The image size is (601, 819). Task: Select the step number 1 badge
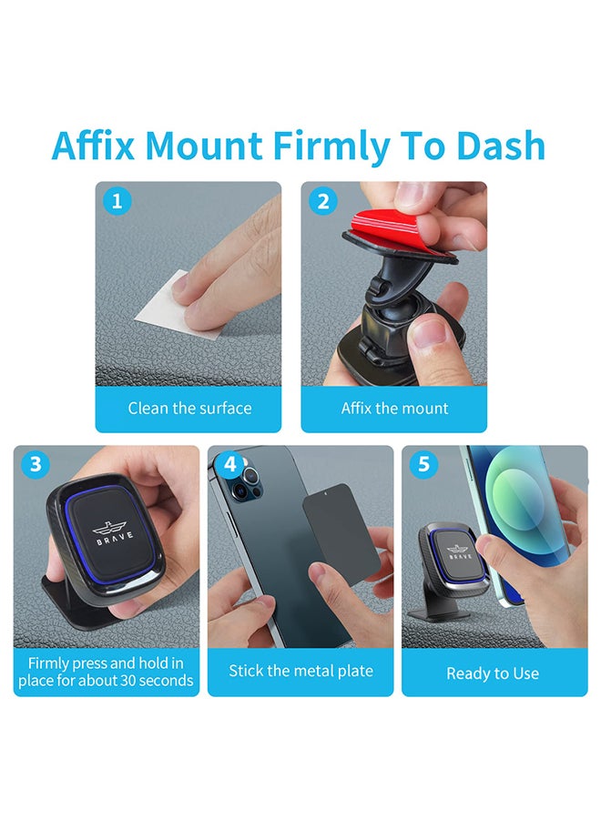[x=115, y=200]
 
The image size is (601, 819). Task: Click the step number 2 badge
[x=322, y=200]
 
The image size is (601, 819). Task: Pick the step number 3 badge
[x=35, y=464]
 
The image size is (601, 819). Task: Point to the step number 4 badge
[x=229, y=464]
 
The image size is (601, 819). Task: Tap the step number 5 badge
[x=423, y=464]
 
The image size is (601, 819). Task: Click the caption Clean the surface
[x=189, y=409]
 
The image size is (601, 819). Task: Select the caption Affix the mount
[x=394, y=409]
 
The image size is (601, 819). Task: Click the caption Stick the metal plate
[x=300, y=672]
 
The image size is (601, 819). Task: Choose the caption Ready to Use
[x=493, y=674]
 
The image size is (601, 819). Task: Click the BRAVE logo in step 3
[x=112, y=530]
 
